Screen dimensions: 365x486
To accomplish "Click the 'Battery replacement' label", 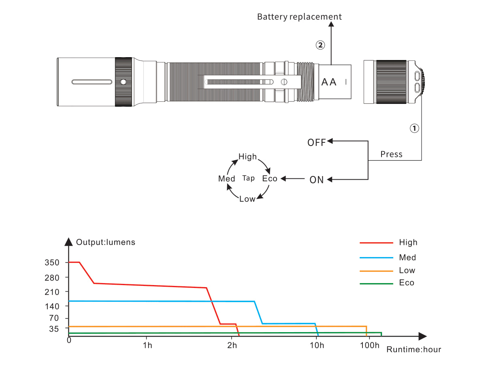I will (x=299, y=17).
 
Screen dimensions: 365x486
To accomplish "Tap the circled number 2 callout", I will (x=320, y=45).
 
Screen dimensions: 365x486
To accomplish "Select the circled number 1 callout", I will (x=414, y=128).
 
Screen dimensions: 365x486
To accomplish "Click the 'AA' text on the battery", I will (x=329, y=82).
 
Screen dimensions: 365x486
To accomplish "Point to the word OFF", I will (x=316, y=143).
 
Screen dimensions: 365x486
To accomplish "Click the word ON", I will (x=317, y=180).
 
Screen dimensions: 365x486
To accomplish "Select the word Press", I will (x=391, y=155).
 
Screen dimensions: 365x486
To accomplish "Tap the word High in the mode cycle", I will (x=247, y=157).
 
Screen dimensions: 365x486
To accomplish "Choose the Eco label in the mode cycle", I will (x=270, y=179).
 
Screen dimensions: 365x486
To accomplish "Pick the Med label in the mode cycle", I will (x=226, y=179).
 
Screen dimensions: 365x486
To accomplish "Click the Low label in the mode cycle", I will (x=247, y=199).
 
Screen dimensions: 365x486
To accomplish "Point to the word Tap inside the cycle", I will (x=248, y=178).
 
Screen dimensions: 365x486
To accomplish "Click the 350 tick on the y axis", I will (x=53, y=263).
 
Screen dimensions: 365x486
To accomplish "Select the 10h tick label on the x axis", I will (x=317, y=346).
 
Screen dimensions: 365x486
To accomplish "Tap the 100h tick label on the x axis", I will (x=369, y=346).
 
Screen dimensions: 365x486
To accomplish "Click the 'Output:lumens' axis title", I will (x=106, y=243).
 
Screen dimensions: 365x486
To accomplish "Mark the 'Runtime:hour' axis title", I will (x=414, y=350).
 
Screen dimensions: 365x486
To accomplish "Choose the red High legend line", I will (x=376, y=243).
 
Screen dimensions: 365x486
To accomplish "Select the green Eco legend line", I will (x=376, y=283).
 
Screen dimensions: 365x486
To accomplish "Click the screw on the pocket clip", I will (x=283, y=82).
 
